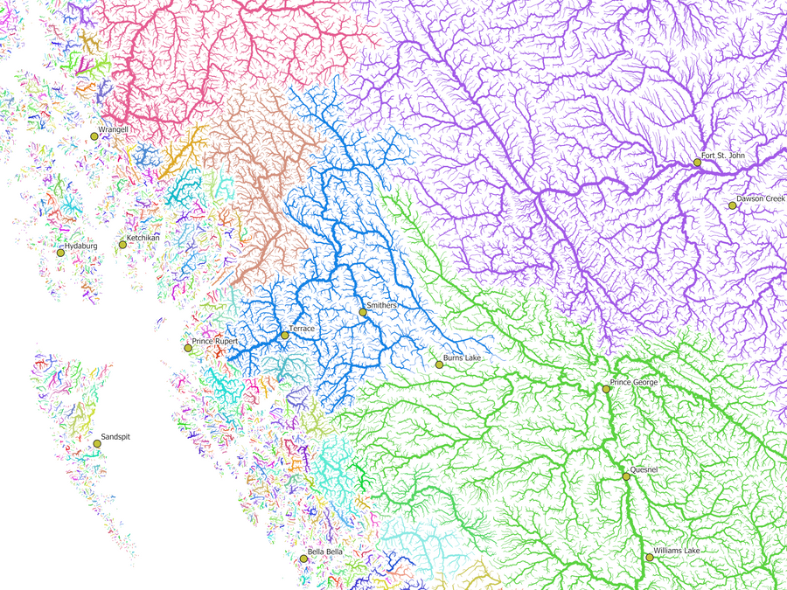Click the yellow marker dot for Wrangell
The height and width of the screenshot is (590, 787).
point(94,135)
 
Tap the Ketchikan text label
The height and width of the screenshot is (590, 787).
point(143,238)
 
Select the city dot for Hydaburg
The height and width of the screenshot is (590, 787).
point(61,253)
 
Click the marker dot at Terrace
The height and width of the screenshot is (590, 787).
point(284,335)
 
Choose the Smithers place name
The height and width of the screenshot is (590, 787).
point(382,306)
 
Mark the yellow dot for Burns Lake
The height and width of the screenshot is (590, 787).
point(439,364)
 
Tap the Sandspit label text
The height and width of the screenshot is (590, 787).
point(115,436)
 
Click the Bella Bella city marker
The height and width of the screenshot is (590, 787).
point(303,558)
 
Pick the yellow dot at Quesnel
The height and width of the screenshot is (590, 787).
point(626,476)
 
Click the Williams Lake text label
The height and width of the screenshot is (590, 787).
point(677,551)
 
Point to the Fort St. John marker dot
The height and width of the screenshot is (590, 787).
point(697,163)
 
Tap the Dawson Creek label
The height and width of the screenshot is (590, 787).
point(761,199)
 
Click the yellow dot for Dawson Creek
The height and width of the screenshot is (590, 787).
point(733,205)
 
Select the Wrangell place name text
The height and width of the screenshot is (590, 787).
point(114,129)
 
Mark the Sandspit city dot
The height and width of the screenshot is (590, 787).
point(97,444)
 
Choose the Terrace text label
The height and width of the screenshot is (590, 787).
point(302,329)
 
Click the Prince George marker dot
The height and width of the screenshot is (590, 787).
point(606,389)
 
